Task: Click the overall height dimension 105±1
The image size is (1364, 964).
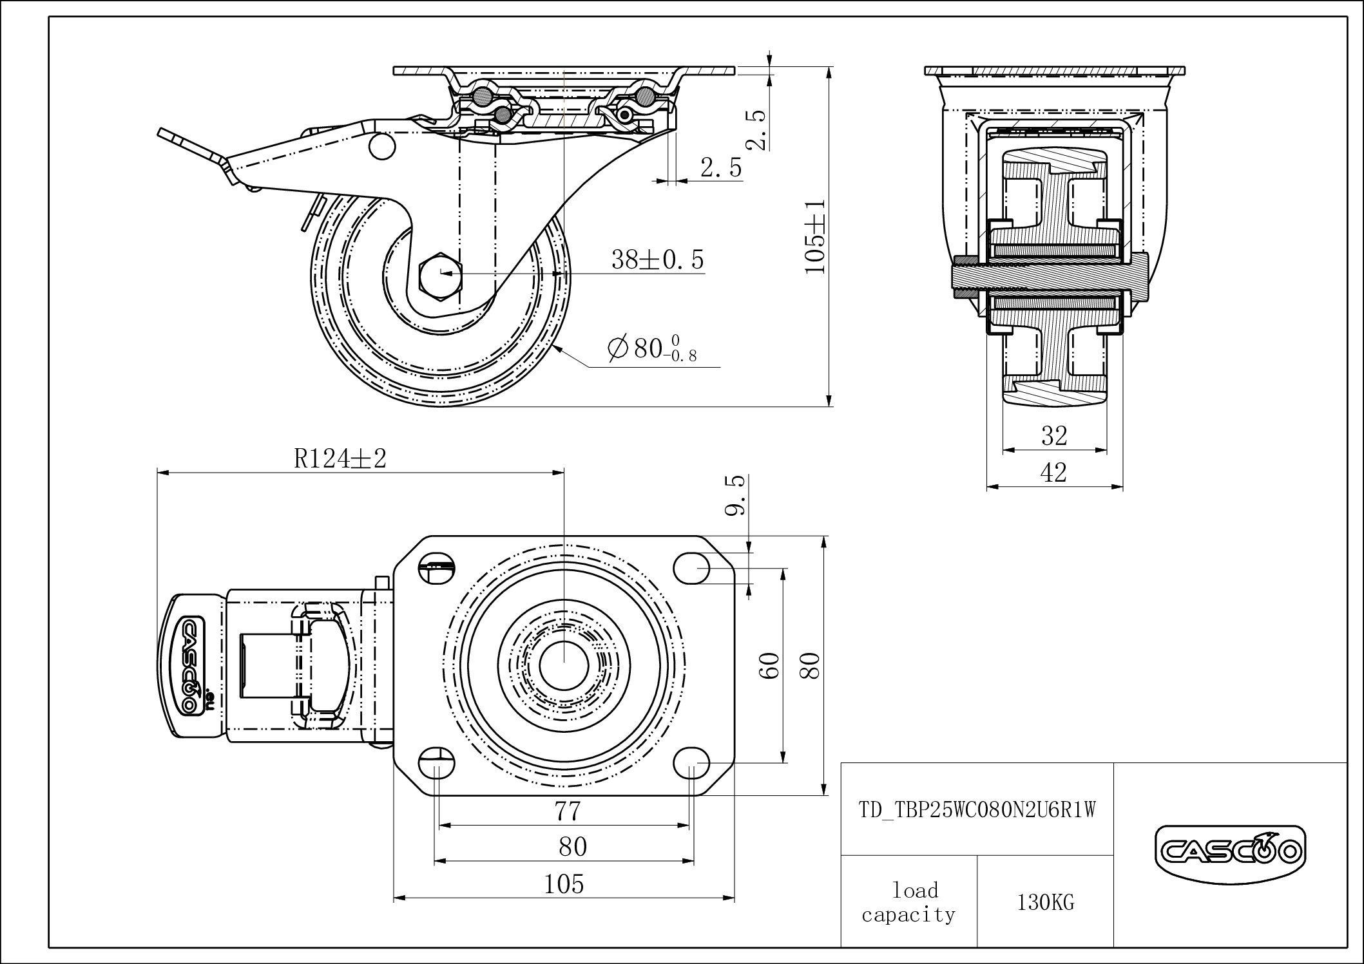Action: (x=816, y=236)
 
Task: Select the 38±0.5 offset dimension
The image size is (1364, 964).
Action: (x=657, y=260)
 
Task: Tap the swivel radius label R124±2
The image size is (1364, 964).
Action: (x=340, y=459)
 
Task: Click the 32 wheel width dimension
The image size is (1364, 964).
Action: (x=1054, y=437)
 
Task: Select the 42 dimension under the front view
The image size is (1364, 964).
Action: (x=1053, y=473)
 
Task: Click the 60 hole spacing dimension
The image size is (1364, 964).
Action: (x=771, y=665)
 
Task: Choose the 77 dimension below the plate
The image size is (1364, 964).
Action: (x=568, y=811)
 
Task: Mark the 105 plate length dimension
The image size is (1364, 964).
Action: (x=564, y=885)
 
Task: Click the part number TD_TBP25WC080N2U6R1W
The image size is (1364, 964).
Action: (x=977, y=809)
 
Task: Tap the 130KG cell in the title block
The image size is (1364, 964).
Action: (x=1045, y=903)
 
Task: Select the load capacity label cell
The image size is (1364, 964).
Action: (x=908, y=903)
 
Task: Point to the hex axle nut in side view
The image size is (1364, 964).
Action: (x=441, y=273)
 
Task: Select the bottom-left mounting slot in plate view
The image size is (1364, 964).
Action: (x=437, y=764)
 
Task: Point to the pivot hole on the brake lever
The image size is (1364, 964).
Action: (x=381, y=146)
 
